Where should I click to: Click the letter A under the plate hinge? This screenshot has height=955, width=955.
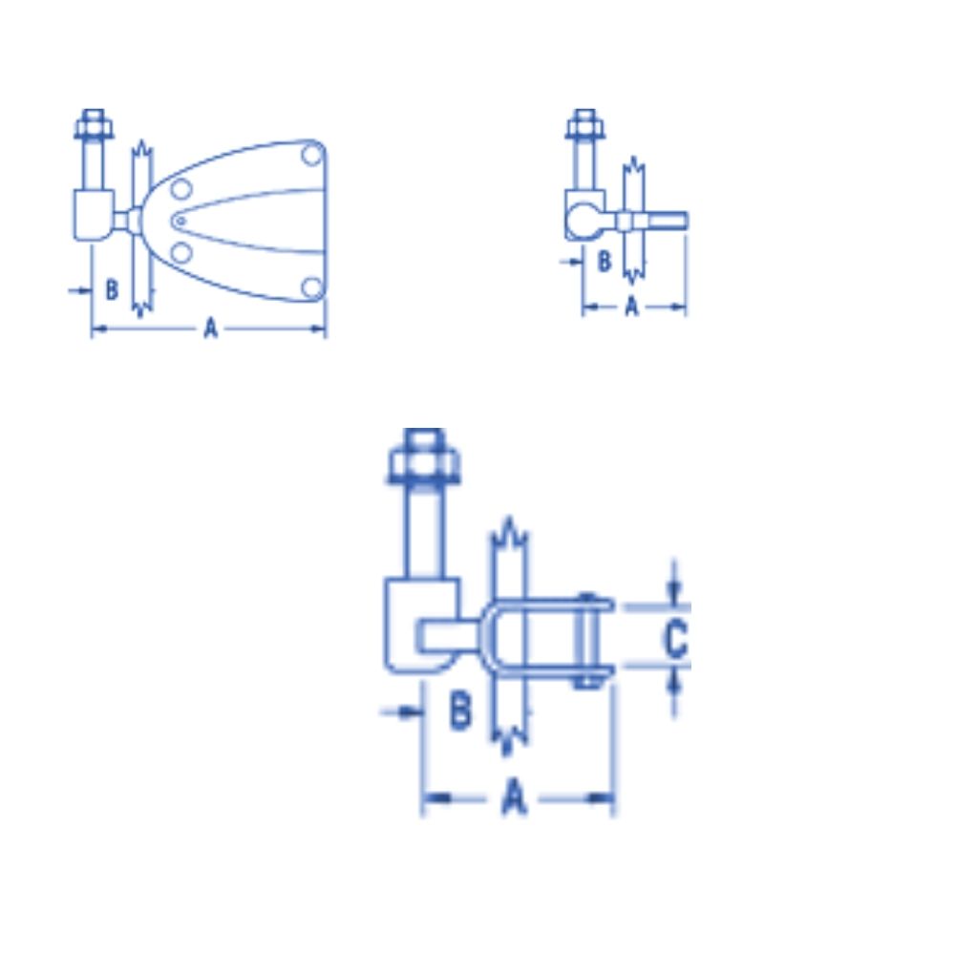point(211,329)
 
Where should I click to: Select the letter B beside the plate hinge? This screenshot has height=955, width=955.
point(111,288)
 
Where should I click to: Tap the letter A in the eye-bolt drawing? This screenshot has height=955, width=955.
point(631,306)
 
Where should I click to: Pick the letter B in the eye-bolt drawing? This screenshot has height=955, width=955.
point(604,261)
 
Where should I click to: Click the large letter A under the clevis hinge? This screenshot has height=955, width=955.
point(515,796)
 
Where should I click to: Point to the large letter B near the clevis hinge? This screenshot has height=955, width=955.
point(460,711)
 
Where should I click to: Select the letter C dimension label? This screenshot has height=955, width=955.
point(675,639)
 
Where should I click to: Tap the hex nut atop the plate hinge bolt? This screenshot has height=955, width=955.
point(93,126)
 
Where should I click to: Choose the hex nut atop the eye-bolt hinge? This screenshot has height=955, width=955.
point(584,126)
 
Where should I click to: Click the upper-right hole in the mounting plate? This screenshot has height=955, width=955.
point(310,154)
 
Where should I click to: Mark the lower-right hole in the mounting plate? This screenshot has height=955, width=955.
point(309,286)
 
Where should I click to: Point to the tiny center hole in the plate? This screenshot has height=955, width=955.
point(179,222)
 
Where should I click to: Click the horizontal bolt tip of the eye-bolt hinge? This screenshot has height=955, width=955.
point(674,221)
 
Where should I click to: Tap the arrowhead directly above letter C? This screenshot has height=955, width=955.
point(675,591)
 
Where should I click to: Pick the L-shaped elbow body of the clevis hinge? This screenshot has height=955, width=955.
point(411,630)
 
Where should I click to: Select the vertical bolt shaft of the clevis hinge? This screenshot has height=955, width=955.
point(425,530)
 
